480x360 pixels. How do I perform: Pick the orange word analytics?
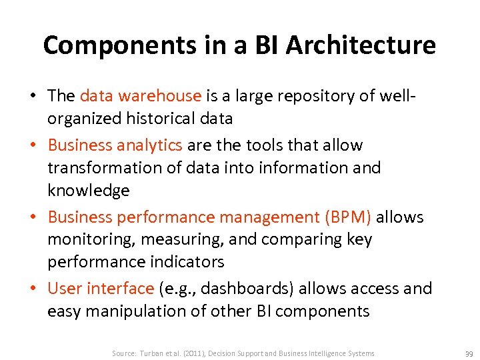(x=151, y=145)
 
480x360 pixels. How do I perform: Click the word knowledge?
(x=88, y=191)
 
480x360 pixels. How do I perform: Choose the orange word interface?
(x=121, y=289)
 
